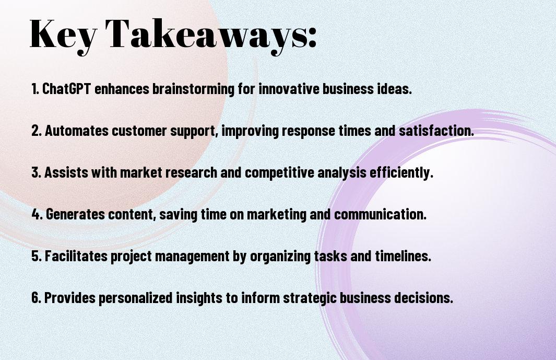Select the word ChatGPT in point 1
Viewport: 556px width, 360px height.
pos(67,89)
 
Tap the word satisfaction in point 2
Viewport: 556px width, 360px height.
pos(436,131)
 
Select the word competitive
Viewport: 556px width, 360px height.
pos(279,173)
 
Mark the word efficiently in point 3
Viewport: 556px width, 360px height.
pos(401,172)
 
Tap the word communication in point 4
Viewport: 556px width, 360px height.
pos(380,214)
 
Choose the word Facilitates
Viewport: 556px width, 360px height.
pos(76,256)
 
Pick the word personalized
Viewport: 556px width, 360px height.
pos(135,298)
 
